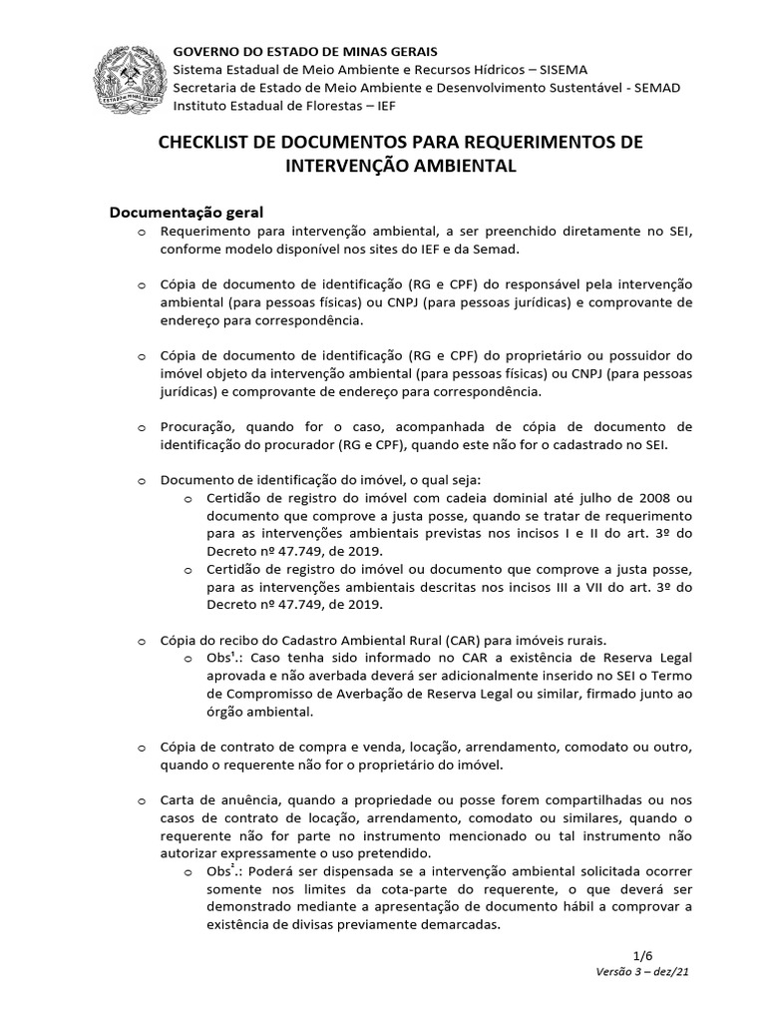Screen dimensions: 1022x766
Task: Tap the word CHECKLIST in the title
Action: (x=204, y=143)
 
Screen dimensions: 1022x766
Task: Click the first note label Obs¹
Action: (x=224, y=659)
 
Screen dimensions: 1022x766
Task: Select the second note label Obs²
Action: (x=224, y=871)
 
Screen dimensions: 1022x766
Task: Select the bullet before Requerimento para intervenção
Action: (x=142, y=233)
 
